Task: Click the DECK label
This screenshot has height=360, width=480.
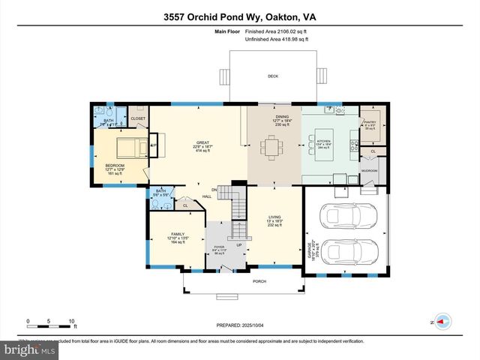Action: [274, 76]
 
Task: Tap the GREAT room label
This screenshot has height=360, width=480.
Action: [202, 142]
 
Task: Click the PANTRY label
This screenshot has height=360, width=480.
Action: [369, 122]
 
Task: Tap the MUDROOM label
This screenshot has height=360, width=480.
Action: [368, 170]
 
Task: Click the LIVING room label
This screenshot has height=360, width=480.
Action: [275, 217]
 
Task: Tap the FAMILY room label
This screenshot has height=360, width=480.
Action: [178, 234]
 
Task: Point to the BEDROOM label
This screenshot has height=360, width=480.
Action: [114, 166]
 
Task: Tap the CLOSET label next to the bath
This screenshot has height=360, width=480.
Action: [138, 118]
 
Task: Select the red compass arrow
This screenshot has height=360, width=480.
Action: [442, 321]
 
